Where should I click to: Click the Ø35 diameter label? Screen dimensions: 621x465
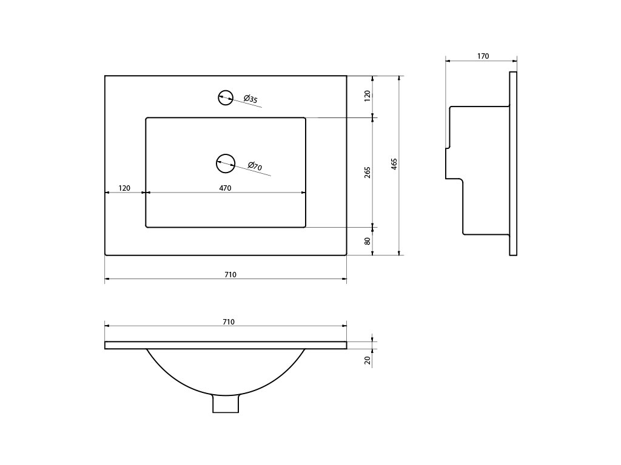click(250, 99)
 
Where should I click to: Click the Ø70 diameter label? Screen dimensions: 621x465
click(255, 167)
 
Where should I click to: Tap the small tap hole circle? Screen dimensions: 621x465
click(225, 97)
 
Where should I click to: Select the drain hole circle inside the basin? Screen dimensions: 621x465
click(225, 162)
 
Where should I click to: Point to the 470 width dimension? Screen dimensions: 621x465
click(225, 188)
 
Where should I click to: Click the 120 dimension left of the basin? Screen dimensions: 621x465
click(124, 188)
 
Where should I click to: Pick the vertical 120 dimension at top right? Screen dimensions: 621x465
click(368, 96)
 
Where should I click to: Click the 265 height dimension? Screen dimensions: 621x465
click(368, 173)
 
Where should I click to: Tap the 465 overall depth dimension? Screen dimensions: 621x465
click(394, 163)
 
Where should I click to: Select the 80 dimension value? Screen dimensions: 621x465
click(368, 241)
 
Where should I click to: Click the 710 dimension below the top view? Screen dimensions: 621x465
click(230, 275)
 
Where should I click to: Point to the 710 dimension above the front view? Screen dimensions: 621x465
click(229, 322)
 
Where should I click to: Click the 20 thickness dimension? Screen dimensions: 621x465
click(368, 360)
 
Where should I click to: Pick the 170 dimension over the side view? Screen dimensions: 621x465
click(483, 56)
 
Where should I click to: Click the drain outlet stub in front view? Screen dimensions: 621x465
click(226, 404)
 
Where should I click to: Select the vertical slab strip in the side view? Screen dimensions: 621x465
click(513, 163)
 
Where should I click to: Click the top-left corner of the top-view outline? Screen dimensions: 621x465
click(105, 76)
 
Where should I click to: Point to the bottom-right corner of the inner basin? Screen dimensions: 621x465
click(305, 227)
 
